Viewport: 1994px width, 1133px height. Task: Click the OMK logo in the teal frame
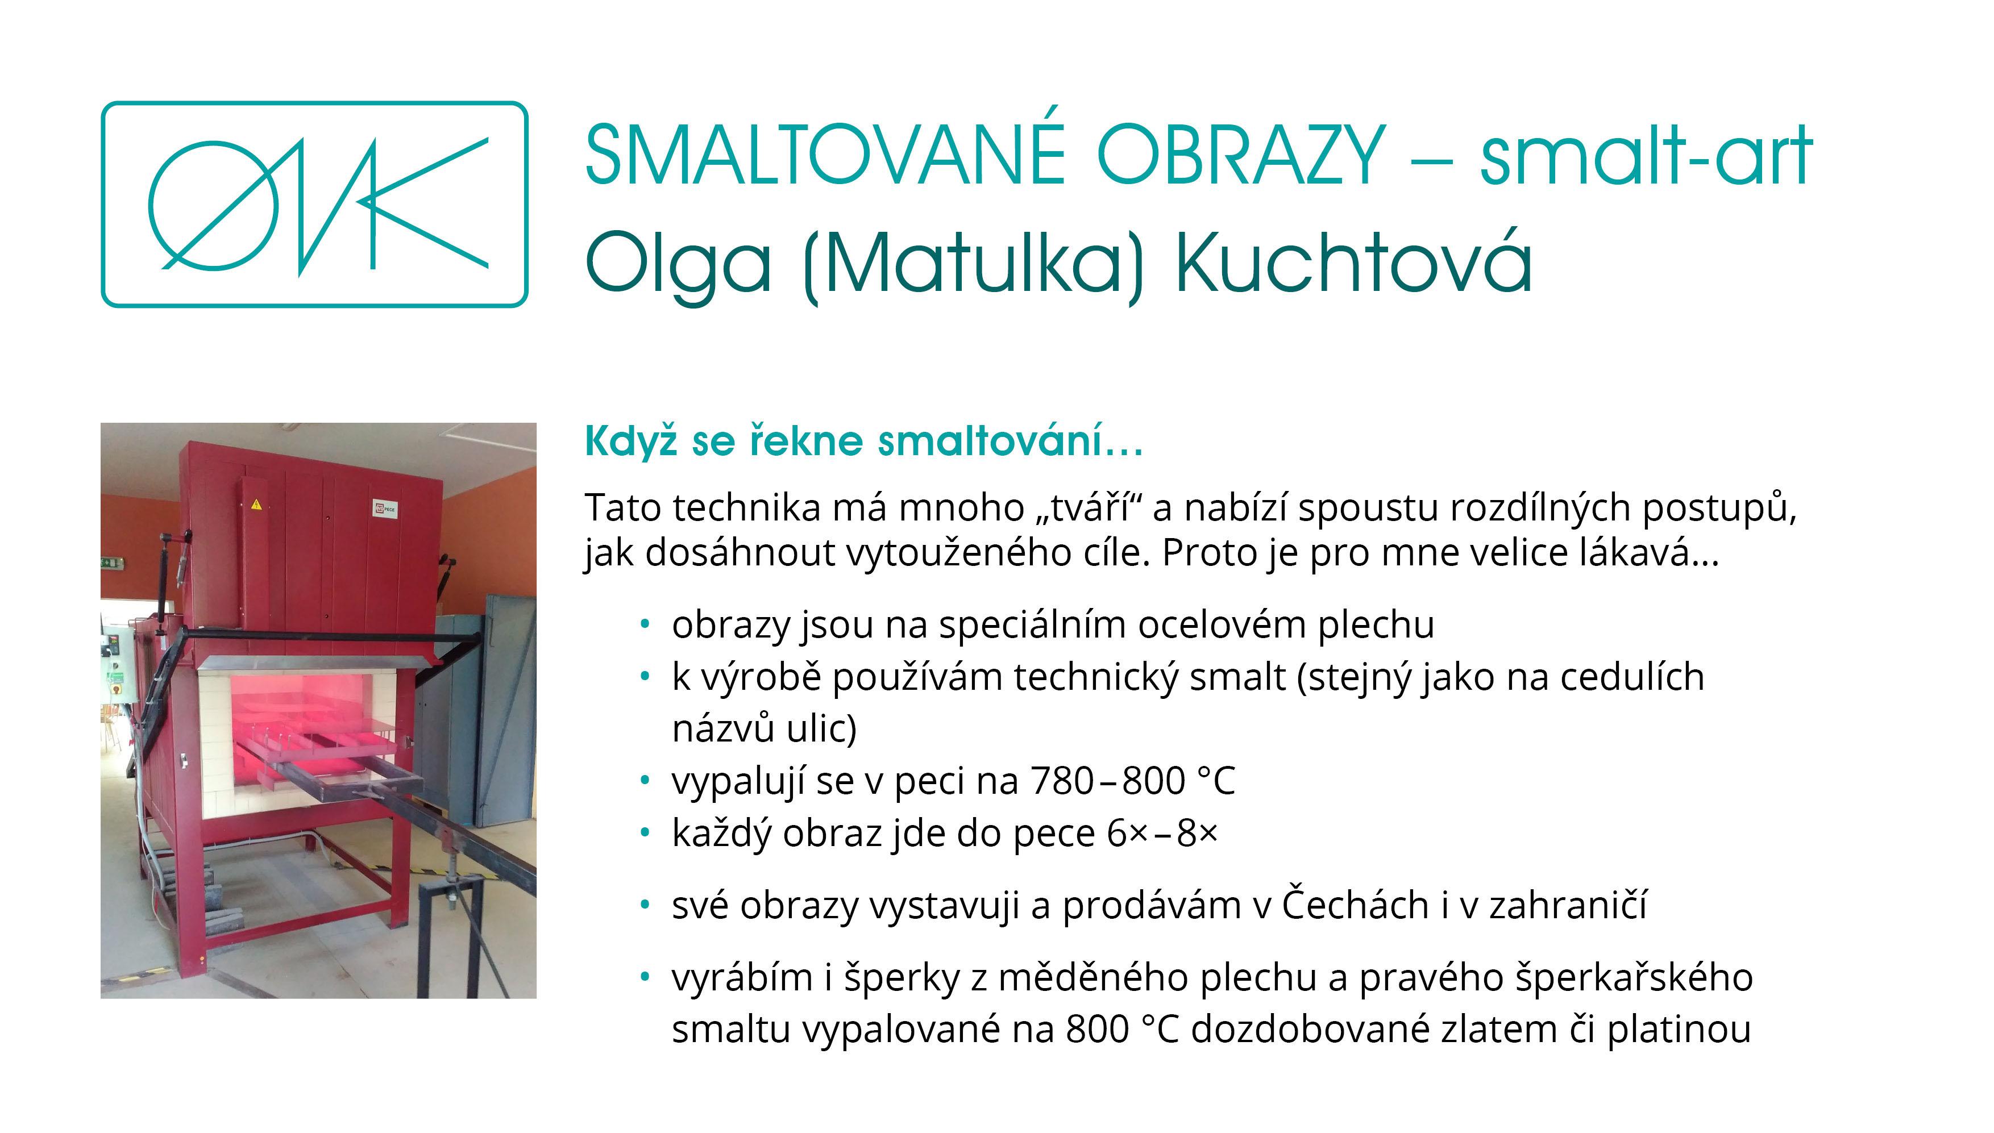coord(314,205)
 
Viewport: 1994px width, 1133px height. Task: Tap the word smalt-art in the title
coord(1646,155)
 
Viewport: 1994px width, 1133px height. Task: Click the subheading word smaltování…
coord(1011,441)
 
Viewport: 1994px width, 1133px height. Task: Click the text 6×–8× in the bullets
coord(1162,834)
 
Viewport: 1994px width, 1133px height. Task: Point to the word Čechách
coord(1354,905)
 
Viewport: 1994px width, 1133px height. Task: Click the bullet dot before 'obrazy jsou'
coord(645,624)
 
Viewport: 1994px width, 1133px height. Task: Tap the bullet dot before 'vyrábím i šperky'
coord(645,977)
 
